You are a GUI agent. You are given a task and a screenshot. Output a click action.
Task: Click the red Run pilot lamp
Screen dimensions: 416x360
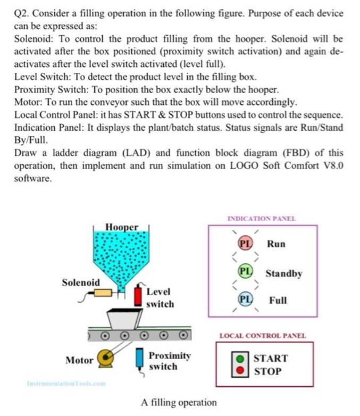tap(245, 244)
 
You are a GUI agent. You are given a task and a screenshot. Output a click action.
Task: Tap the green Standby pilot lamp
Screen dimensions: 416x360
tap(245, 272)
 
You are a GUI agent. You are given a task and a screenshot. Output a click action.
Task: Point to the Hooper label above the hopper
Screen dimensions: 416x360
tap(122, 227)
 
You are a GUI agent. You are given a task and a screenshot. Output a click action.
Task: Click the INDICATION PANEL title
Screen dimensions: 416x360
tap(262, 219)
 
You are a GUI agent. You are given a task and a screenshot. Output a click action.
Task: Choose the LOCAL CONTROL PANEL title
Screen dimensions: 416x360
tap(263, 336)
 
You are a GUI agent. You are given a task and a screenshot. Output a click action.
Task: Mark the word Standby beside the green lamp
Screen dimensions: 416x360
tap(284, 273)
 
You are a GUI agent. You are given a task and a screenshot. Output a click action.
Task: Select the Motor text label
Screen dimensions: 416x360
tap(79, 360)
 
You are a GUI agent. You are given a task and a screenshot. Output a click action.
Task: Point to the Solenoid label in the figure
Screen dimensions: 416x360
tap(81, 282)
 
